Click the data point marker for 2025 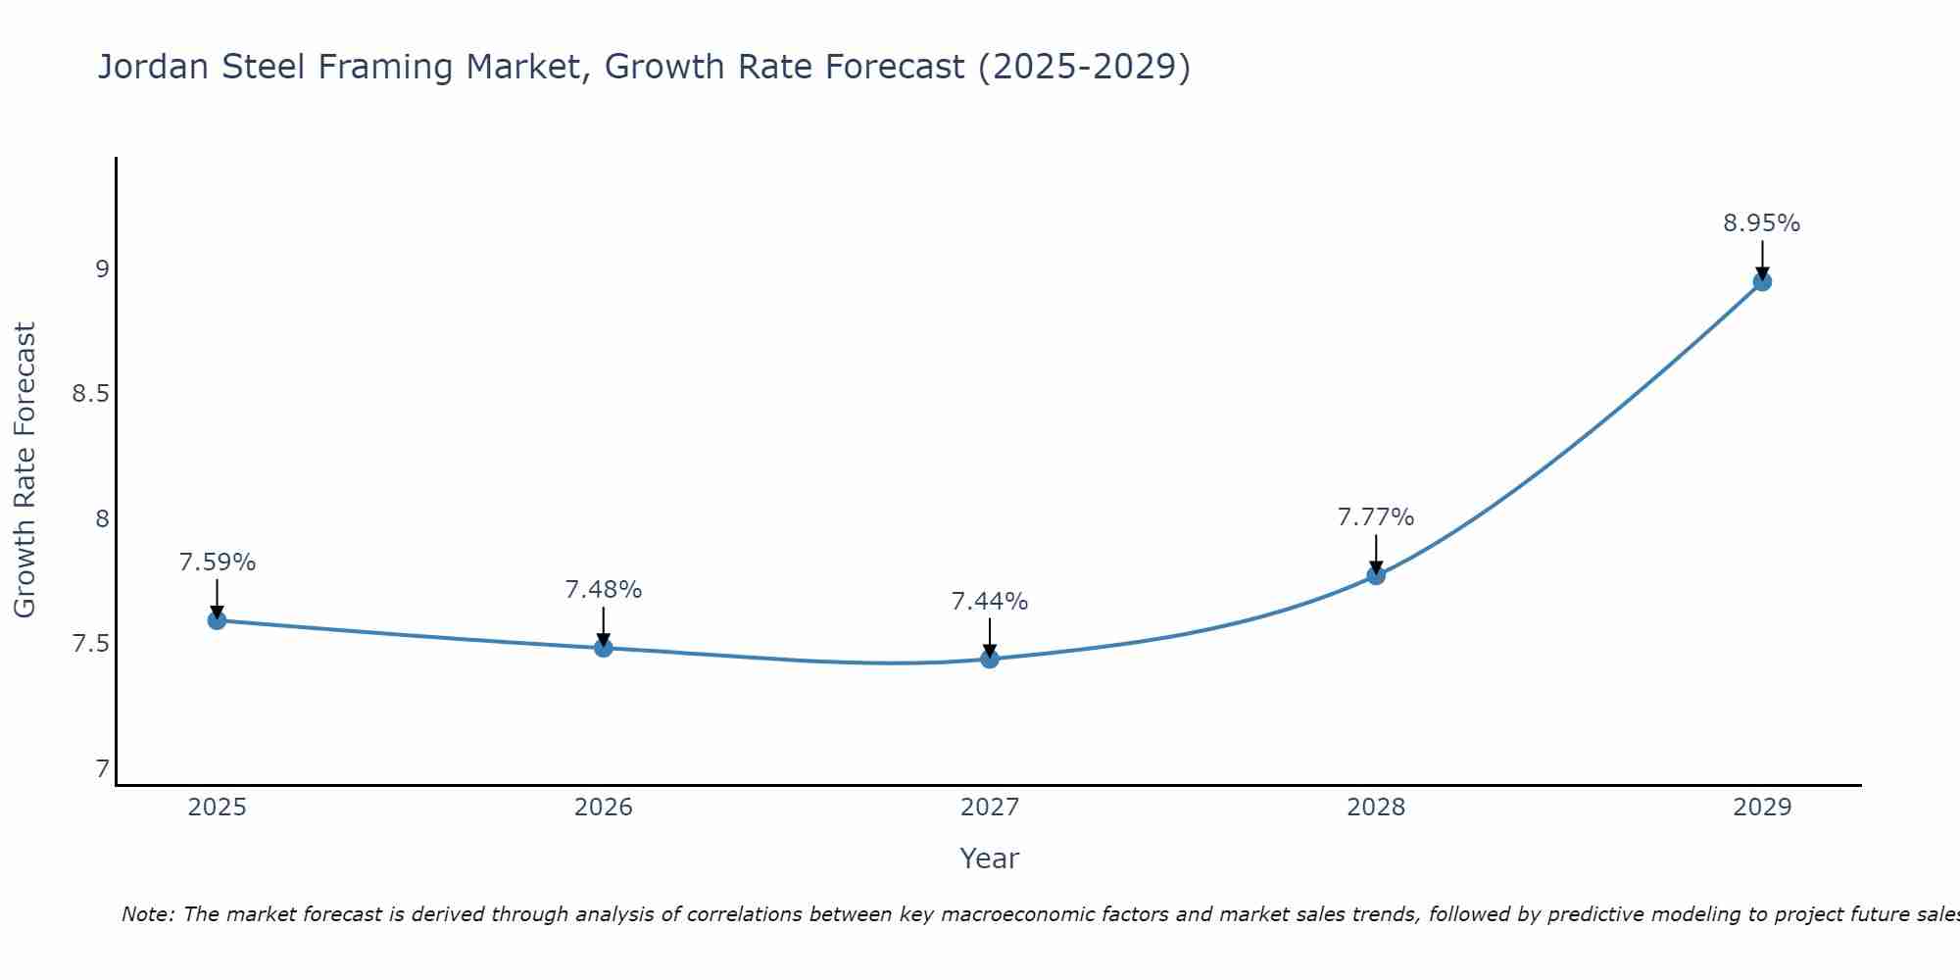coord(217,620)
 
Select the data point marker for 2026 coord(604,648)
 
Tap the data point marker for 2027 coord(990,659)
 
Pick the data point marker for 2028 coord(1376,575)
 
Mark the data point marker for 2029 coord(1762,282)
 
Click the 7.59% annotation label coord(217,563)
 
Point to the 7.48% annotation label coord(604,590)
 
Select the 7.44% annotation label coord(990,602)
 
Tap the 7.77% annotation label coord(1376,517)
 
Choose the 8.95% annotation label coord(1762,223)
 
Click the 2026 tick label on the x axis coord(604,808)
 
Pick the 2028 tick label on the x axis coord(1376,808)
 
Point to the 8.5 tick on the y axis coord(89,395)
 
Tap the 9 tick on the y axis coord(102,269)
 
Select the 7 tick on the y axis coord(102,769)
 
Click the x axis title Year coord(990,858)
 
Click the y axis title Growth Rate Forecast coord(24,470)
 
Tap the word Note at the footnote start coord(147,914)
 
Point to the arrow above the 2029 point coord(1762,259)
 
